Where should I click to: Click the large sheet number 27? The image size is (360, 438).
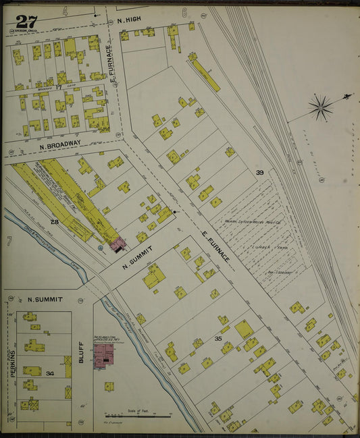point(27,21)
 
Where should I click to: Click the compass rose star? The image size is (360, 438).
point(320,107)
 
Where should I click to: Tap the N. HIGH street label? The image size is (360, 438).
point(129,20)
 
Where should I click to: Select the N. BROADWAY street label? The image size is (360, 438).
point(60,144)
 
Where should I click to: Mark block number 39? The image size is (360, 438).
point(259,173)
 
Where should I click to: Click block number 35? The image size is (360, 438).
point(218,338)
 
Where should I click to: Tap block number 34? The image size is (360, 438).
point(49,373)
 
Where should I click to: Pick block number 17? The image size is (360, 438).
point(59,86)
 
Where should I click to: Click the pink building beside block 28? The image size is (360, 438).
point(118,244)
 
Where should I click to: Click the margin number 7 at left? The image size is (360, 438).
point(9,241)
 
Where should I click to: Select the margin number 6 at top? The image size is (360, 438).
point(184,12)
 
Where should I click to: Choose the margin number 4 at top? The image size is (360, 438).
point(66,11)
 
